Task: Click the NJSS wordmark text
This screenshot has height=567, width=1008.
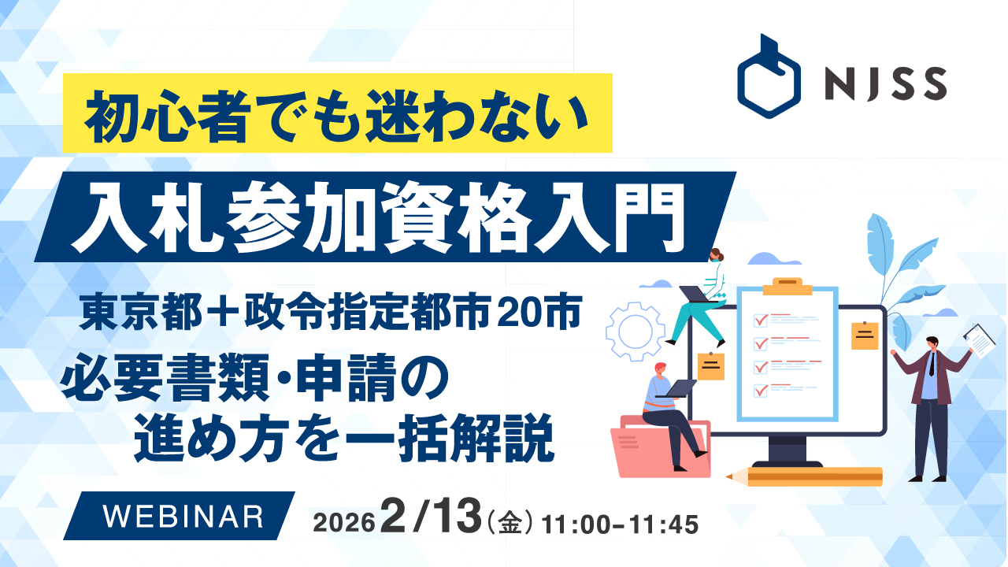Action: pos(886,83)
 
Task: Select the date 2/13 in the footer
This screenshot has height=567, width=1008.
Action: pos(431,517)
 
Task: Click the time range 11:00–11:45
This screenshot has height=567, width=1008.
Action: pos(620,524)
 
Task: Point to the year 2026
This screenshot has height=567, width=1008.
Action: pos(344,523)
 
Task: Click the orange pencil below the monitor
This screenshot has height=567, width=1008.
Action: pos(804,477)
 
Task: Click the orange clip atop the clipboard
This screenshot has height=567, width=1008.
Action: pos(787,286)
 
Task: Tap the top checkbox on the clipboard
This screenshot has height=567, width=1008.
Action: pos(761,321)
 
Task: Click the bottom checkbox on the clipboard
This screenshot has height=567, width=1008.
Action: pos(761,390)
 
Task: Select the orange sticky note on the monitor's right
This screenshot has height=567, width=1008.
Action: pos(865,335)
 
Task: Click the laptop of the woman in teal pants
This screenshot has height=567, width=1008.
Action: pos(695,295)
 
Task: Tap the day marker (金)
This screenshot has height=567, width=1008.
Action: pos(510,524)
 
